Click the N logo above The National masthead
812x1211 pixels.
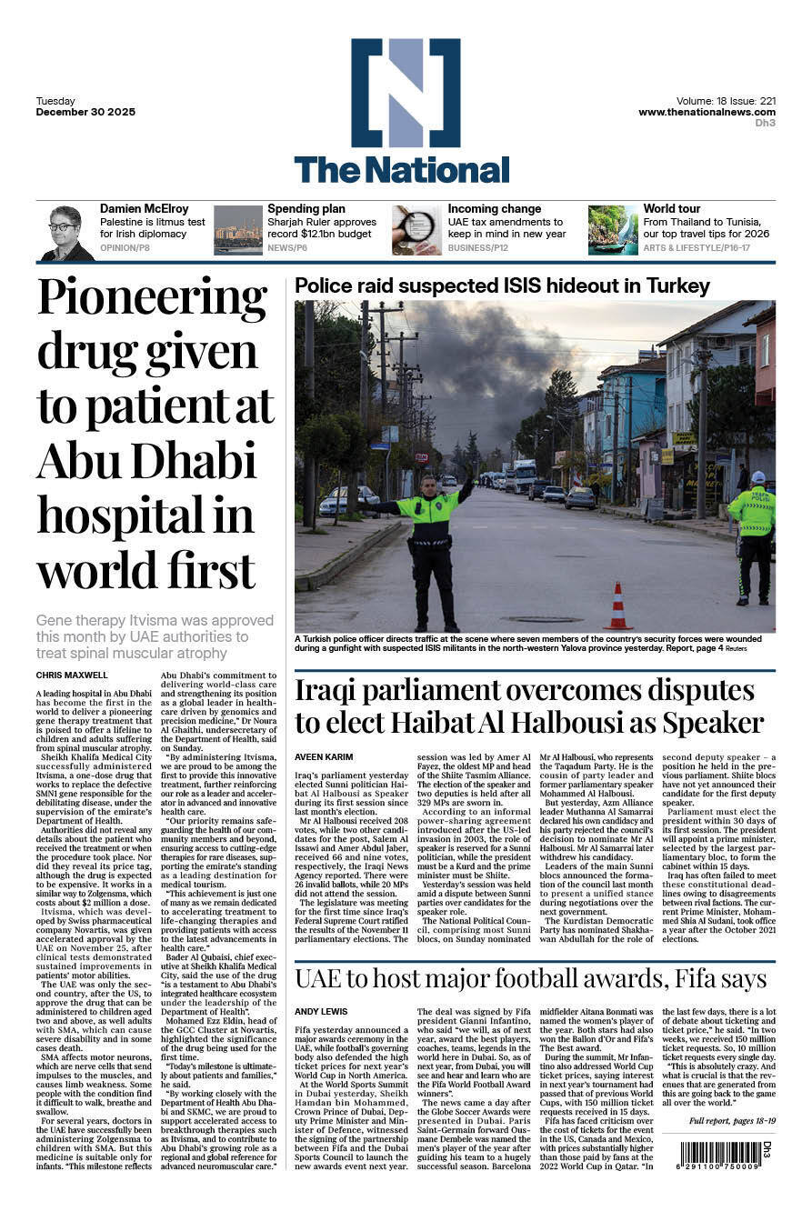[406, 92]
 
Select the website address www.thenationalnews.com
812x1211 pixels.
[707, 112]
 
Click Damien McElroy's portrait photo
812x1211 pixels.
[65, 233]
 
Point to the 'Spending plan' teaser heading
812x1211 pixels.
[306, 209]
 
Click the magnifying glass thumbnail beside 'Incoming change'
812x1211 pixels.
[416, 230]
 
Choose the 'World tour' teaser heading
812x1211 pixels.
[672, 209]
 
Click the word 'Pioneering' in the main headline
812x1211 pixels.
[152, 298]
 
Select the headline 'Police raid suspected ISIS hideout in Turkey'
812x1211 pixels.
[502, 286]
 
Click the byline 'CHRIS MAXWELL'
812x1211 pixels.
[71, 676]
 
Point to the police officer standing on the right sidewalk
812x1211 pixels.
[752, 536]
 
